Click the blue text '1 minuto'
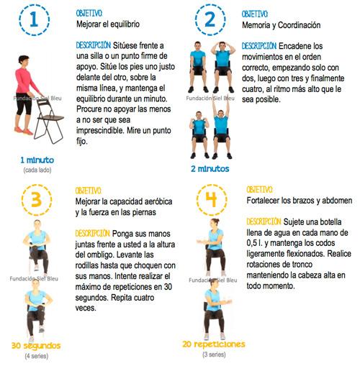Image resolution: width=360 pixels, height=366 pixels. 37,159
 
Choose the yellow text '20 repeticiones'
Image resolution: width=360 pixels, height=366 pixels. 214,344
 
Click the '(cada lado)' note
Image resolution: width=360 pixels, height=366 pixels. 36,169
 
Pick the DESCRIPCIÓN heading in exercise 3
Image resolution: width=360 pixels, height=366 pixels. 94,233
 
